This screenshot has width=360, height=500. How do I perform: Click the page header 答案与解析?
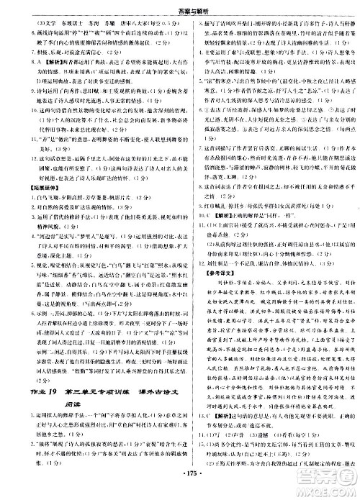180,6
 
